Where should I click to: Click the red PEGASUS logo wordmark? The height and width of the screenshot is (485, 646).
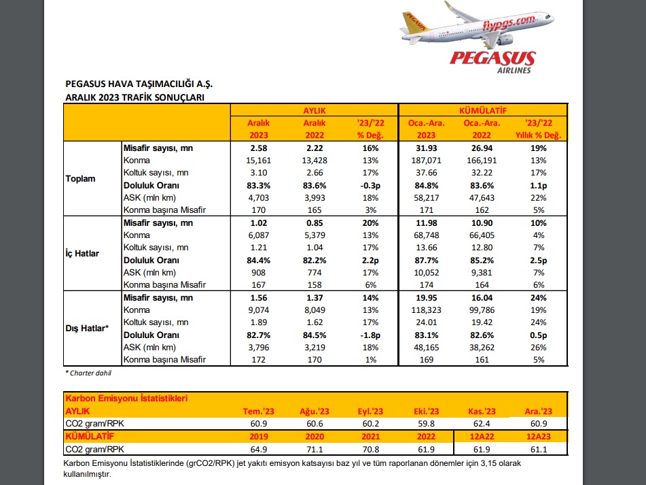coord(492,58)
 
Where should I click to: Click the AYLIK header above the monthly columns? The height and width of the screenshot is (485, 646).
coord(315,110)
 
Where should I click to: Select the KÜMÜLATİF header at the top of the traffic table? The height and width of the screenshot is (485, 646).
coord(483,110)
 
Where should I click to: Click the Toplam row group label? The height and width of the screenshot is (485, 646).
coord(80,179)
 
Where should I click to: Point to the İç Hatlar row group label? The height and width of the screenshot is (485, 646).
coord(82,253)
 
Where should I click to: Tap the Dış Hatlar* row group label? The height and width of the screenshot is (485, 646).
coord(87,329)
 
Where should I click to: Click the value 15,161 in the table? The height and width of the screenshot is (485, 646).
coord(259,161)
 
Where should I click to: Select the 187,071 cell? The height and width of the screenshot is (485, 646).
coord(426,161)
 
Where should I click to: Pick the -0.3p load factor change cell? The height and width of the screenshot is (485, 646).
coord(370,186)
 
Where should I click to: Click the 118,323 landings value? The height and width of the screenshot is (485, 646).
coord(426,310)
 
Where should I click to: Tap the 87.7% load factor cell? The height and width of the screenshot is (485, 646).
coord(426,261)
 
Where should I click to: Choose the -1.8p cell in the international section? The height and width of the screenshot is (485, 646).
coord(370,335)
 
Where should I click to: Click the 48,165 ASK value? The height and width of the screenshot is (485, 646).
coord(426,348)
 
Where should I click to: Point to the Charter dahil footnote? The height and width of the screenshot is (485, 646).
coord(88,373)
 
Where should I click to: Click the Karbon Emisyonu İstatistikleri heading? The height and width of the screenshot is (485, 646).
coord(126,399)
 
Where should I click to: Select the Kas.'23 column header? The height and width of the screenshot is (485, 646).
coord(482,411)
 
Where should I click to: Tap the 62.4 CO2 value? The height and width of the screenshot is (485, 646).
coord(482,424)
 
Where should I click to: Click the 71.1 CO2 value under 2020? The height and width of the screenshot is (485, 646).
coord(315,449)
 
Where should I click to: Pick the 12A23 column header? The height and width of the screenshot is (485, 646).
coord(539,436)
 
